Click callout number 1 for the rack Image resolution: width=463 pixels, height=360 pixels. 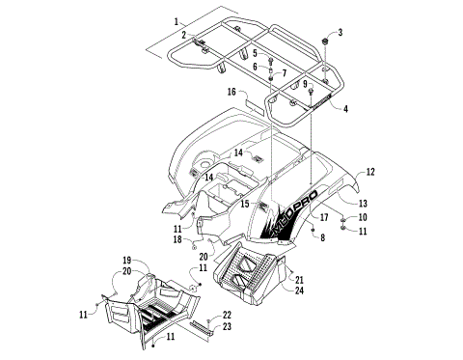coord(177,21)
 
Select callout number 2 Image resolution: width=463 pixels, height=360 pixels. coord(183,35)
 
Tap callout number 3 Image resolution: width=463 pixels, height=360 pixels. coord(340,33)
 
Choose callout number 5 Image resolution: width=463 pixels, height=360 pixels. coord(255,53)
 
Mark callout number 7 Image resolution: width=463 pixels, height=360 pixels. coord(284,73)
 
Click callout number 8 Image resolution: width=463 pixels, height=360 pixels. coord(322,235)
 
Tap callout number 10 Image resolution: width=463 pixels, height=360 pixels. coord(363,217)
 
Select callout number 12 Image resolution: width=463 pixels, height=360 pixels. coord(370,171)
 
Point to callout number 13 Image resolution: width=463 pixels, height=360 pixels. coord(364,204)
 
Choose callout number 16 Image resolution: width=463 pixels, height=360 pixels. coord(231,92)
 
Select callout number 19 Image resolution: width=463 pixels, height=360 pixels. coord(126,262)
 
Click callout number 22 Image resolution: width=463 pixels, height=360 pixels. coord(227,315)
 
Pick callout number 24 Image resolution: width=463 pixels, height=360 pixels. coord(300,290)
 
